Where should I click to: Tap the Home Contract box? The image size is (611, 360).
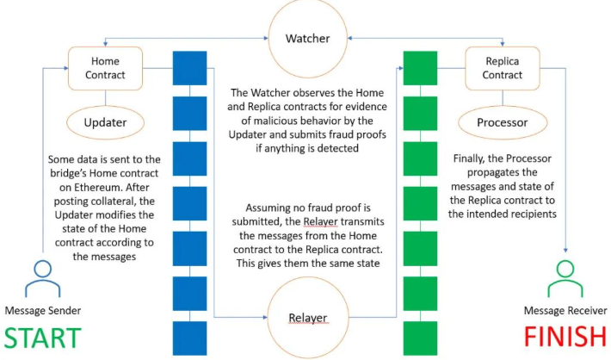[104, 67]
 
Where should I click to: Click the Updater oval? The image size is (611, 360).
[104, 122]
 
